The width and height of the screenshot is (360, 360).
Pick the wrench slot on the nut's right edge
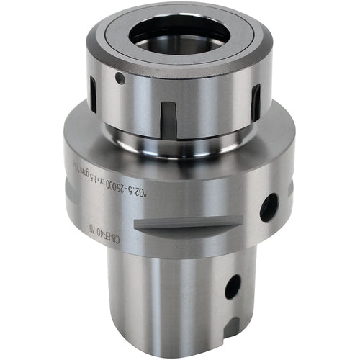point(255,102)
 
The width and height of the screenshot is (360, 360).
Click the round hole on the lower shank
point(233,287)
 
